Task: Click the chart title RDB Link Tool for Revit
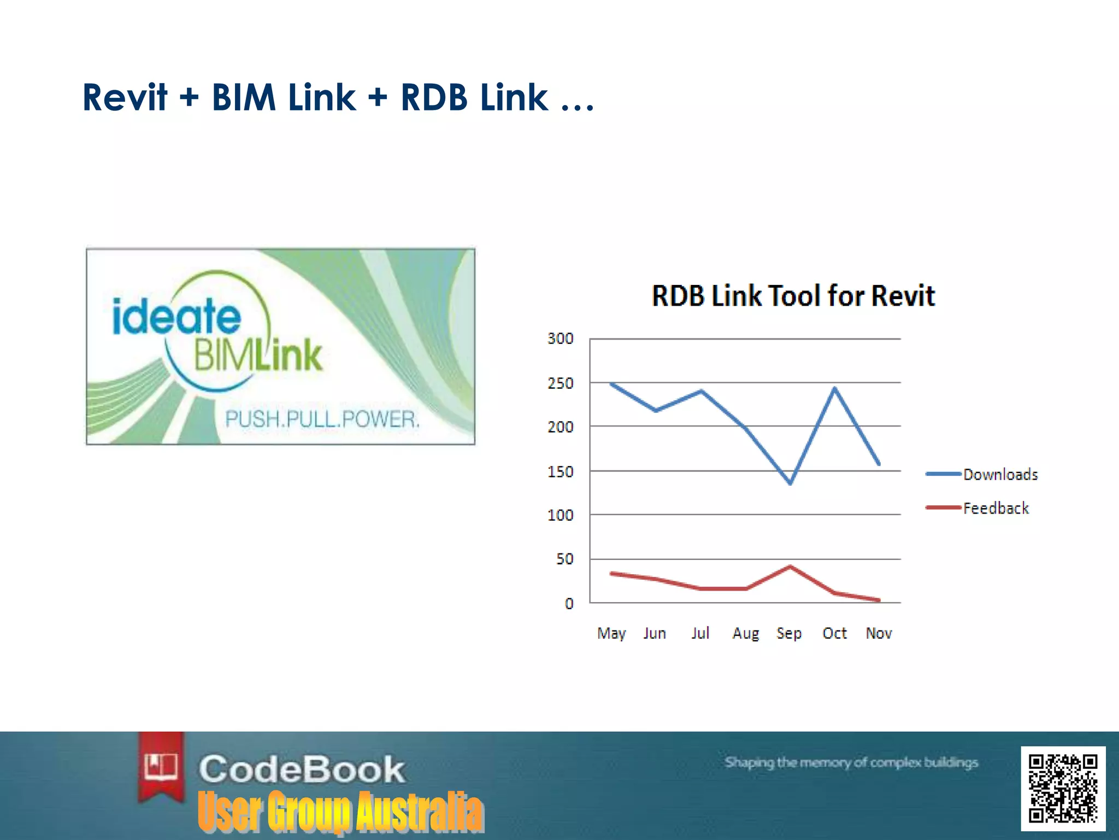pos(793,296)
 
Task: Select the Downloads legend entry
pos(1000,474)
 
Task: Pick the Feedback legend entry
pos(996,508)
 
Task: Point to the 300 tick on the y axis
pos(561,339)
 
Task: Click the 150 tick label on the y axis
pos(561,471)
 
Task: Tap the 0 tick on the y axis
pos(569,603)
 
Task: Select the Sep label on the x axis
pos(789,633)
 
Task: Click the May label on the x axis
pos(611,633)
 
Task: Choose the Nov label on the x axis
pos(879,633)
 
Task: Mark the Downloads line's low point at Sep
pos(790,483)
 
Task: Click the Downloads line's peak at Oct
pos(835,388)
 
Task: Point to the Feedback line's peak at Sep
pos(790,567)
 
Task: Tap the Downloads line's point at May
pos(611,384)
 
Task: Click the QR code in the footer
pos(1063,788)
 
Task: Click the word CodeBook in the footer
pos(302,769)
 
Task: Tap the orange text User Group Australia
pos(340,812)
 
